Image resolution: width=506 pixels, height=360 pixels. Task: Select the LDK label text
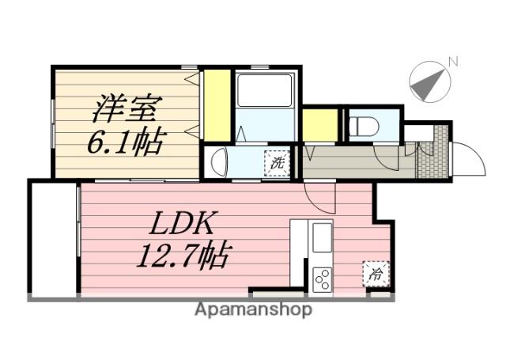181,223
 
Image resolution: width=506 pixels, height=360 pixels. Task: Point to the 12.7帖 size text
183,256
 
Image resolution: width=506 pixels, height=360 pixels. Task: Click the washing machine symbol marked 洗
277,163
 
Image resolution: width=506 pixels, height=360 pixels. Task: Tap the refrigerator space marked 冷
376,274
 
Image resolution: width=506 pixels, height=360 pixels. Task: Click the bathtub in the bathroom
264,90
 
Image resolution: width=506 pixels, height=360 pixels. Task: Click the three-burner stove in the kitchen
321,280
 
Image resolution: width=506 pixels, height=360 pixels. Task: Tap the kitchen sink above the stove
321,238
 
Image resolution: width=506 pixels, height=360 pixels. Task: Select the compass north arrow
426,85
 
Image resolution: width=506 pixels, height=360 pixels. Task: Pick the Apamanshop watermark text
253,310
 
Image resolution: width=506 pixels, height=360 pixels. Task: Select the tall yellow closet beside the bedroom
217,105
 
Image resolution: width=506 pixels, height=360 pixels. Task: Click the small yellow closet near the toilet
320,125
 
